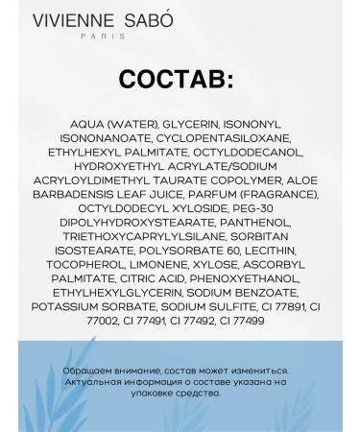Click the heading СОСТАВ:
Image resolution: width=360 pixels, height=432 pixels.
click(176, 80)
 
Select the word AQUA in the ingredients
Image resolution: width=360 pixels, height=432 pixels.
click(91, 125)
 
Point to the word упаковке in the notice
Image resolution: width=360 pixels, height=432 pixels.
click(141, 392)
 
